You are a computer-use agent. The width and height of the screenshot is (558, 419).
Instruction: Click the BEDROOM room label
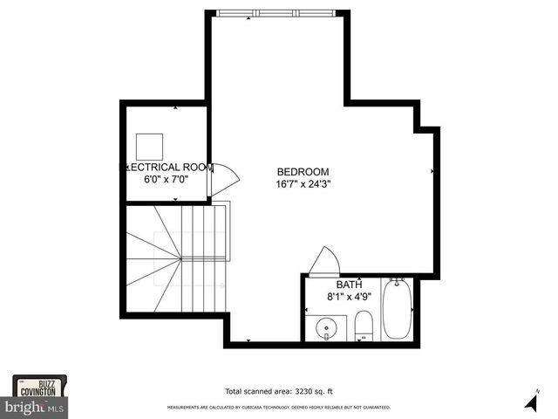click(303, 171)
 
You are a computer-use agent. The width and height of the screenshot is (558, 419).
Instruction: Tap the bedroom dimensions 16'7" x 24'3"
click(303, 184)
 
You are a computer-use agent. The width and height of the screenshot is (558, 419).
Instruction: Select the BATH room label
click(350, 285)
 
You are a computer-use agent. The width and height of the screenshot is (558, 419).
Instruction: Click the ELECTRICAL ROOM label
click(163, 167)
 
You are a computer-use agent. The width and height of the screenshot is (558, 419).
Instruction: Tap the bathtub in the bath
click(397, 310)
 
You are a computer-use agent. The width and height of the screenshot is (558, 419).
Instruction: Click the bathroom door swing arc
click(326, 260)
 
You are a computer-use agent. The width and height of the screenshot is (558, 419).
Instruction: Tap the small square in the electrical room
click(150, 145)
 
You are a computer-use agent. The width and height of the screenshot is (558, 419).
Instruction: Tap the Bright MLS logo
click(35, 408)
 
